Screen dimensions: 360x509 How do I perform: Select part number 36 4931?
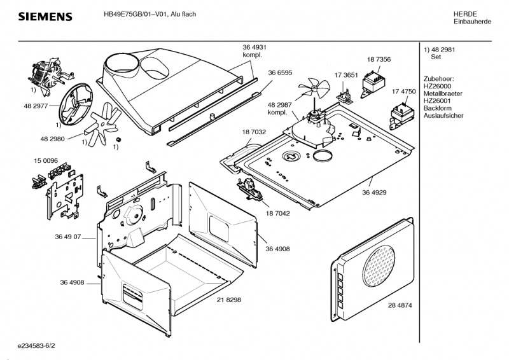tap(254, 48)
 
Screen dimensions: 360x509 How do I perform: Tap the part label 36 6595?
tap(280, 73)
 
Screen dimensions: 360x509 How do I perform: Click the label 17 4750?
tap(403, 92)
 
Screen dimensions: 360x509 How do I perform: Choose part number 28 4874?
tap(400, 305)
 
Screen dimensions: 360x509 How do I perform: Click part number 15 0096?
tap(46, 161)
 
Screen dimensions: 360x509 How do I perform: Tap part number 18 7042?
tap(277, 213)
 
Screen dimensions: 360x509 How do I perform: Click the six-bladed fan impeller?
tap(101, 123)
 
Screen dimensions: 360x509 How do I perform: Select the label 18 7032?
tap(254, 132)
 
